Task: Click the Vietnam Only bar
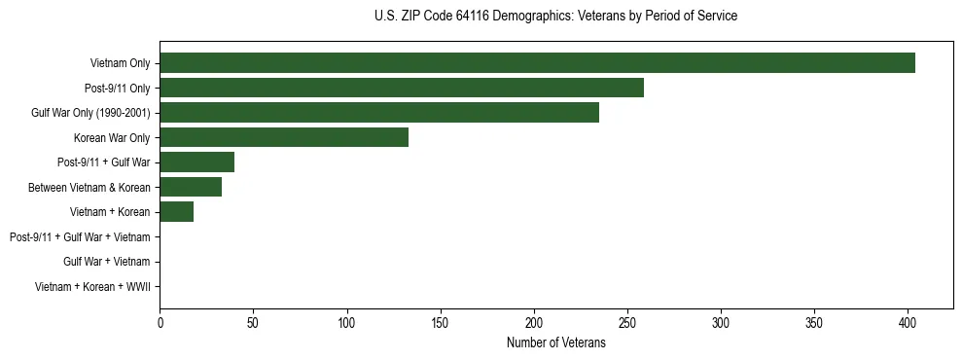tap(537, 63)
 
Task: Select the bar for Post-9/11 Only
tap(402, 88)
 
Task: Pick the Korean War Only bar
tap(284, 137)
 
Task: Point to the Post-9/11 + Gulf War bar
tap(196, 162)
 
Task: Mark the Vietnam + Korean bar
tap(176, 212)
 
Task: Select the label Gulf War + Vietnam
tap(106, 262)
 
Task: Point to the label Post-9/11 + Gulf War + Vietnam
tap(80, 237)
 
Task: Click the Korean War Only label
tap(112, 137)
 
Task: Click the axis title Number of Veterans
tap(555, 342)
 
